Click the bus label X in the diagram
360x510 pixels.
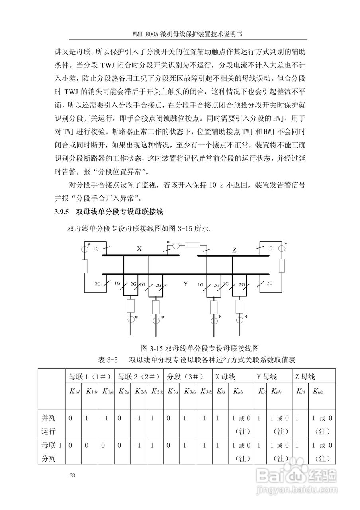(139, 249)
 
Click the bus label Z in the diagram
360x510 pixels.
(234, 250)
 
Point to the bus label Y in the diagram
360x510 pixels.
(186, 284)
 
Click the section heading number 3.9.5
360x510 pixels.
(62, 212)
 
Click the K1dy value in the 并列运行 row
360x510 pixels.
(104, 418)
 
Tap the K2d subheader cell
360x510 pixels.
(123, 392)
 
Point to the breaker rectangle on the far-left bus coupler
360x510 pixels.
(84, 266)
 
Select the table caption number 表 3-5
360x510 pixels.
(108, 359)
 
